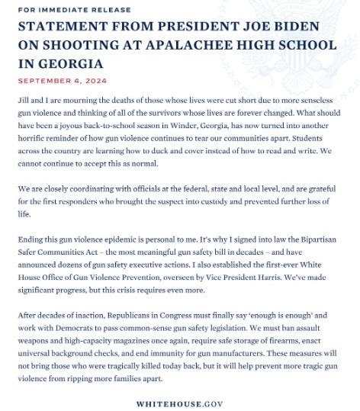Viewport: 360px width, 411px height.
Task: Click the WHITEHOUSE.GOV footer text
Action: click(179, 403)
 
